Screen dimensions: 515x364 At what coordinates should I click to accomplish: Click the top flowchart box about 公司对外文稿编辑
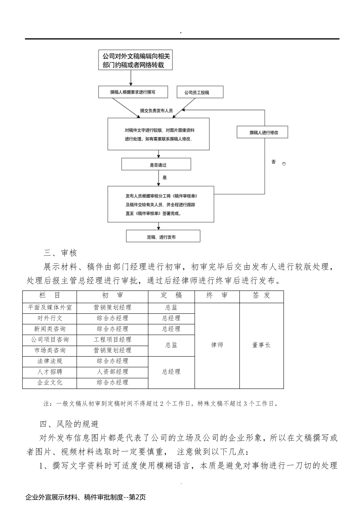coord(135,61)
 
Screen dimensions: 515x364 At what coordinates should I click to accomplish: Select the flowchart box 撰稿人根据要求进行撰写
coord(133,92)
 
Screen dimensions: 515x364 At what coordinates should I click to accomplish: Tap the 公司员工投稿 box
coord(200,92)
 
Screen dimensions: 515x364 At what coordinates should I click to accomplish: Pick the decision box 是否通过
coord(156,165)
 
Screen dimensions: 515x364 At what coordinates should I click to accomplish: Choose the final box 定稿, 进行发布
coord(163,237)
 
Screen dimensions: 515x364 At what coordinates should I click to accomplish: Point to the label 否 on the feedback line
coord(273,162)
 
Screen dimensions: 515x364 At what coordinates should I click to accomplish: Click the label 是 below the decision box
coord(165,178)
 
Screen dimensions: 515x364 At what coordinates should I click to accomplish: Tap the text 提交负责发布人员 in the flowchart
coord(156,111)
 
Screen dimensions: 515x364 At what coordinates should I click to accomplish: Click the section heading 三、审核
coord(61,253)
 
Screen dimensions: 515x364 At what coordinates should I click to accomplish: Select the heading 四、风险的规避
coord(69,424)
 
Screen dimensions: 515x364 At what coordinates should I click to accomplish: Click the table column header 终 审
coord(217,295)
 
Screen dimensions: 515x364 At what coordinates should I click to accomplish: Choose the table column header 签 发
coord(261,295)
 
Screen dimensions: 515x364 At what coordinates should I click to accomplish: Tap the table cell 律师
coord(217,345)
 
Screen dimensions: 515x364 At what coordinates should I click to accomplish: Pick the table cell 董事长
coord(261,345)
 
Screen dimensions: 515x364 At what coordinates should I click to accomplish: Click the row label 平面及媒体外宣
coord(50,308)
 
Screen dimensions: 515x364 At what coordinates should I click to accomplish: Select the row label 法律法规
coord(50,361)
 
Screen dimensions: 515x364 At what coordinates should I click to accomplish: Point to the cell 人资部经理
coord(112,372)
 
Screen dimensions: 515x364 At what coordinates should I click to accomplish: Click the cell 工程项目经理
coord(112,340)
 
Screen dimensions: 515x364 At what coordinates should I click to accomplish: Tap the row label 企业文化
coord(50,383)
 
